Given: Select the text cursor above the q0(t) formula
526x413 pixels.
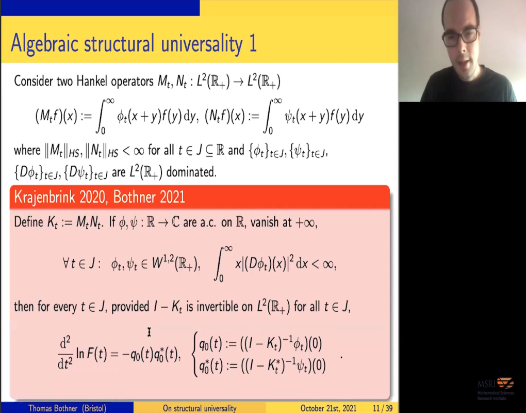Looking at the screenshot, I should [149, 332].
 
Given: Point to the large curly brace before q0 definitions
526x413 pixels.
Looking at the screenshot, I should [194, 355].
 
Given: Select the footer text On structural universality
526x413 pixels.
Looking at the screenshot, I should [200, 408].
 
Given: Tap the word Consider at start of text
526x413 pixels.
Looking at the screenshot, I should [34, 81].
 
